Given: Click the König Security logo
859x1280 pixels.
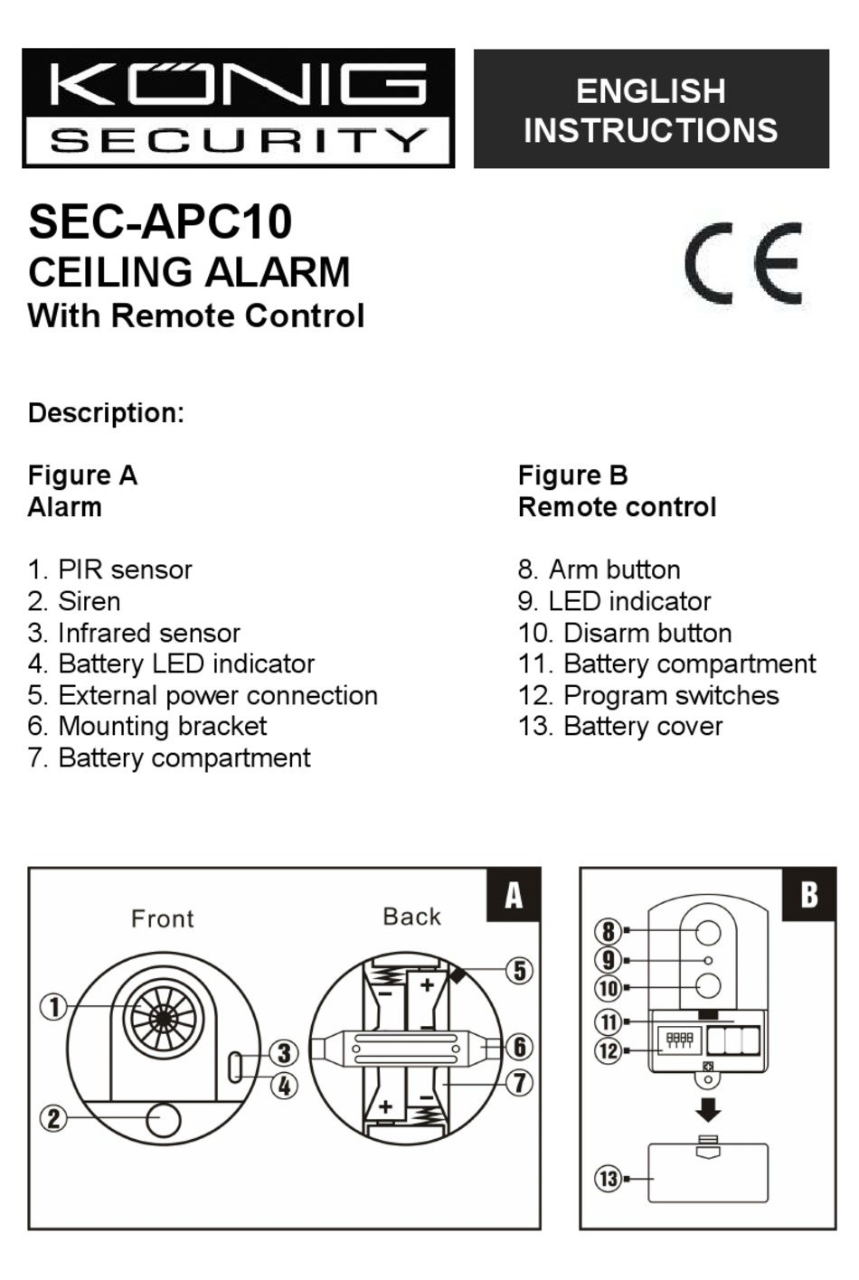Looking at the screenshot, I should point(238,108).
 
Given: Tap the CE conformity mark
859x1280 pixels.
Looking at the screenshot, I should point(743,263).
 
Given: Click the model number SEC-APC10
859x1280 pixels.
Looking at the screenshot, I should point(161,222).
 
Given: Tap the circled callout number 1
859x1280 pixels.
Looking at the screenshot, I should point(53,1007).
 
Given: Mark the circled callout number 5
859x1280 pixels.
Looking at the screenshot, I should point(519,971).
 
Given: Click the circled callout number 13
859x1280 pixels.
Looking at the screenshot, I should point(609,1179).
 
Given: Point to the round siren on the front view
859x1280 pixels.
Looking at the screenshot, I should point(164,1119).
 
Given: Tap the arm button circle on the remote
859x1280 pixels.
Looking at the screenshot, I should point(708,932).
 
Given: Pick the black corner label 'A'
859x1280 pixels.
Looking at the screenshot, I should point(514,895).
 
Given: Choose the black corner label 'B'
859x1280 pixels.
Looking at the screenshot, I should point(809,895).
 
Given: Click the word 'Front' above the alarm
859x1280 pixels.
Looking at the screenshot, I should point(163,919).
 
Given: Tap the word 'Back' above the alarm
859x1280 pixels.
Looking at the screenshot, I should point(412,917).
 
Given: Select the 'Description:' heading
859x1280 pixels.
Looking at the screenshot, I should point(106,413).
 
